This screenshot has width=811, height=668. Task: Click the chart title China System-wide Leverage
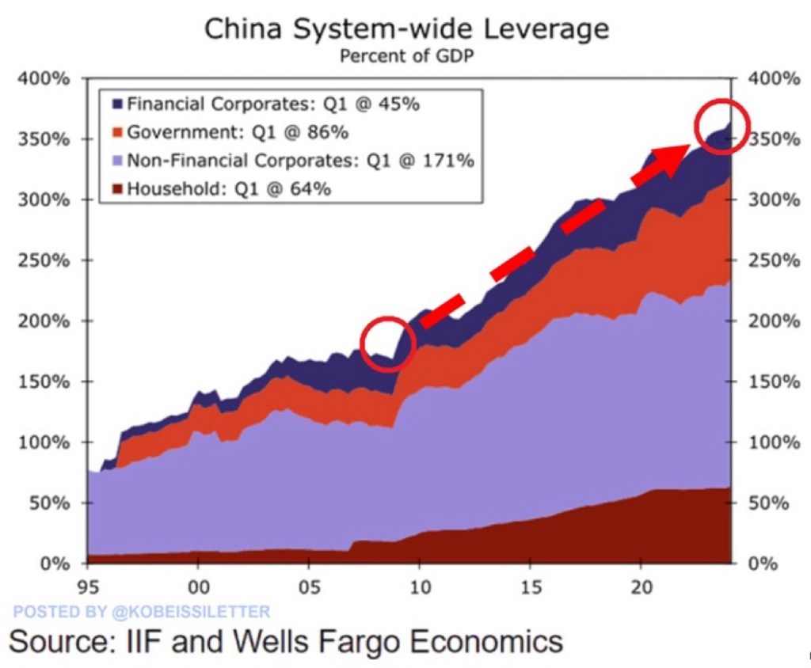coord(406,29)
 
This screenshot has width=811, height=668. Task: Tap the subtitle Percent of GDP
coord(406,58)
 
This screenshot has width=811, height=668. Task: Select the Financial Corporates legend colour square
coord(116,104)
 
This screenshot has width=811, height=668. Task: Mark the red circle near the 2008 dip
coord(388,343)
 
